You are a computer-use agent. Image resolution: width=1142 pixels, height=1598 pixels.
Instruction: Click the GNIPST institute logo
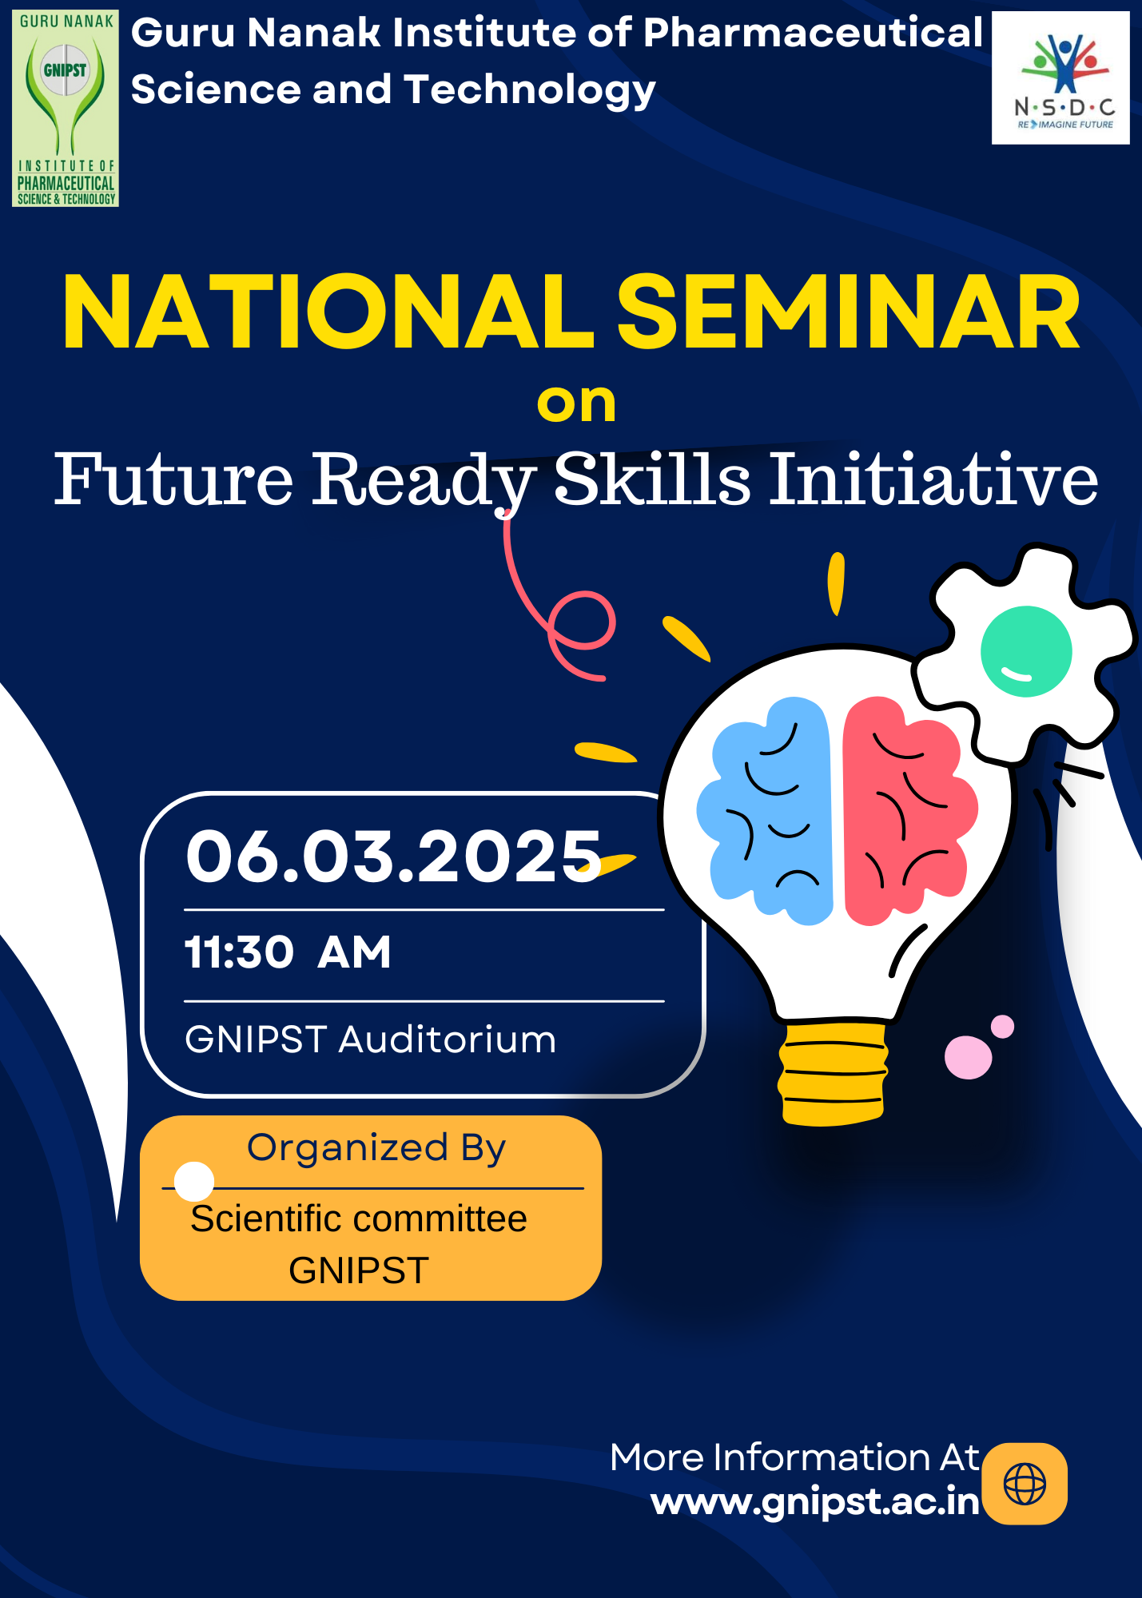point(66,108)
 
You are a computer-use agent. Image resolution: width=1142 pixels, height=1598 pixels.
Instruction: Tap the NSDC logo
point(1060,78)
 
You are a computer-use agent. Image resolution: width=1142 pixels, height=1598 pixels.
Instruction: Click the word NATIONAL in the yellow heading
point(328,313)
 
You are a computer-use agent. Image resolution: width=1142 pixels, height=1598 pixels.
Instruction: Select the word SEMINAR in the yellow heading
point(849,313)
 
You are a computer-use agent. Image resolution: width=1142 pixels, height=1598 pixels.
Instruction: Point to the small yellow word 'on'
point(576,403)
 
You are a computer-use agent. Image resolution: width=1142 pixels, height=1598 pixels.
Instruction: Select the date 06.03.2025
point(393,857)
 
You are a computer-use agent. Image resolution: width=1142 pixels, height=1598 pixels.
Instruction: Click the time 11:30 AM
point(288,952)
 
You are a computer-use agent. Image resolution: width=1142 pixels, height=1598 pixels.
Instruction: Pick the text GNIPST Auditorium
point(370,1039)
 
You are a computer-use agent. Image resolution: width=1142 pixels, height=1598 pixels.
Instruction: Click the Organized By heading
point(376,1148)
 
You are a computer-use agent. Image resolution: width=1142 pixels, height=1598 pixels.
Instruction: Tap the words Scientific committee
point(359,1219)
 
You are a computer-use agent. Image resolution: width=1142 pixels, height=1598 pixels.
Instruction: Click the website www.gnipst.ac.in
point(814,1502)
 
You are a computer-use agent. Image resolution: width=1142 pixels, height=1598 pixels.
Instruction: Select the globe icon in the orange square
point(1025,1484)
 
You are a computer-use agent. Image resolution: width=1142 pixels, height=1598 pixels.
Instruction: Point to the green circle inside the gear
point(1025,650)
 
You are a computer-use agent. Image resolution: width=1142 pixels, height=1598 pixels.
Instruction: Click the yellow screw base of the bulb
point(832,1073)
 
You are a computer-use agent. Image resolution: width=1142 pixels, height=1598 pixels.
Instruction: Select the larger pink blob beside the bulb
point(968,1057)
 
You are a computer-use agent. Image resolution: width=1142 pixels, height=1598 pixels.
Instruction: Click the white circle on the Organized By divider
point(194,1181)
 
